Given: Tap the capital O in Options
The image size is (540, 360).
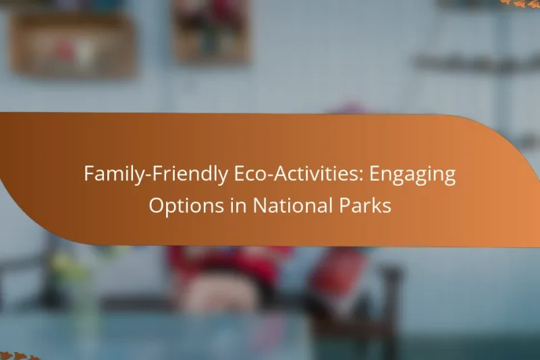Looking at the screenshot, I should [157, 205].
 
